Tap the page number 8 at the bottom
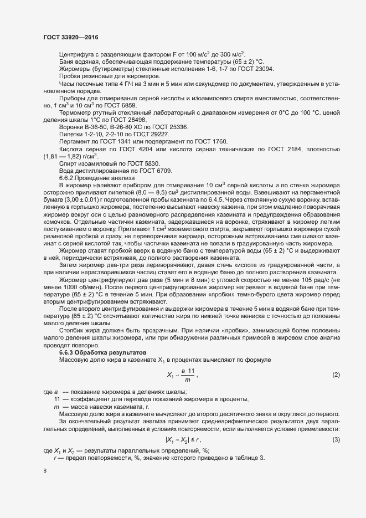45,471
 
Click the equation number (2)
336,375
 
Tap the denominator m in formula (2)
188,379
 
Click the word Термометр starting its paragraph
75,112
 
